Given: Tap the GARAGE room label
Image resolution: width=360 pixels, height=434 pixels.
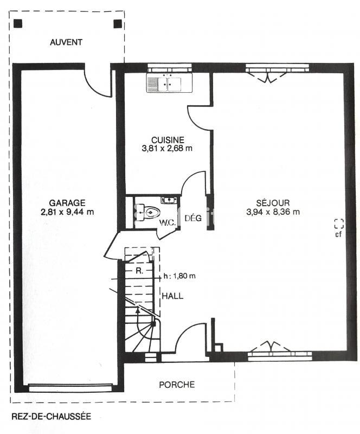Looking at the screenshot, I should tap(67, 202).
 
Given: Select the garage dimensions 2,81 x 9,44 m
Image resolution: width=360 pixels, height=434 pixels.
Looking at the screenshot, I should tap(67, 212).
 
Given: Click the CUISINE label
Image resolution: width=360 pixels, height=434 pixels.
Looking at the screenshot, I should tap(168, 139).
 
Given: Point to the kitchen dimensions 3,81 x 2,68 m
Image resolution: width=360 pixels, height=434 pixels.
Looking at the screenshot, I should tap(168, 148).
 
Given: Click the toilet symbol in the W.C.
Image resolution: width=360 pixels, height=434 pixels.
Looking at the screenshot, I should tap(148, 212).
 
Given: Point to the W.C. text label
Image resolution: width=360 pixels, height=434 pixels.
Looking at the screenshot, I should tap(166, 223).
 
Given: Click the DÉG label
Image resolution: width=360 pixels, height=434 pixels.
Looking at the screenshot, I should tap(192, 219).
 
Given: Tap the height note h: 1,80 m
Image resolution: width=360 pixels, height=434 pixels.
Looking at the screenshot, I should tap(179, 276).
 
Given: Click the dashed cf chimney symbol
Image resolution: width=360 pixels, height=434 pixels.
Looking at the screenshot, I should tap(339, 223).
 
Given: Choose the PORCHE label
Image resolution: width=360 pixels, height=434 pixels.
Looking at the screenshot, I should tap(177, 385).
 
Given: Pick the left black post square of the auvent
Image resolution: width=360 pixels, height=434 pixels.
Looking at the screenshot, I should tap(18, 24).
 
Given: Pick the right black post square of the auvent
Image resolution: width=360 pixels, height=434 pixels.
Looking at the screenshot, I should tap(117, 24).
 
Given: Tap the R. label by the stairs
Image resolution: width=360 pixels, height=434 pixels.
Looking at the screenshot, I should tap(139, 270).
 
